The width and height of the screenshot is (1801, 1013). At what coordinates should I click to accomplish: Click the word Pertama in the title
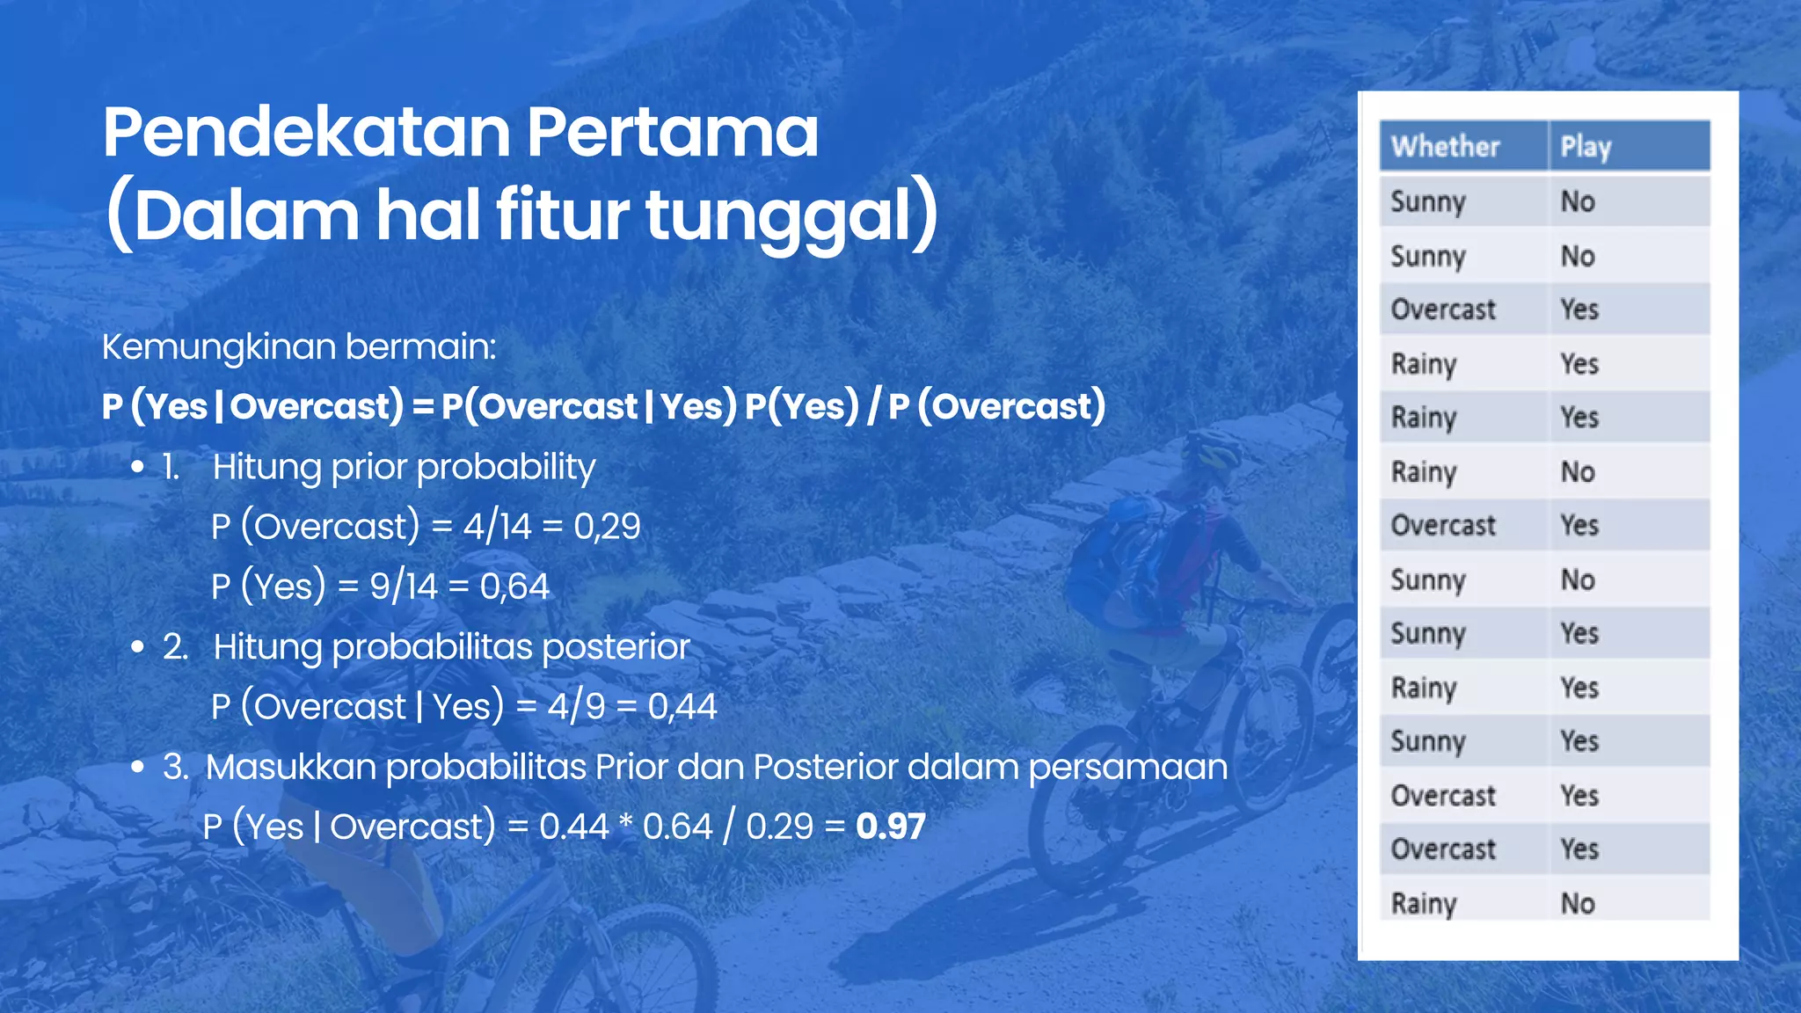tap(672, 133)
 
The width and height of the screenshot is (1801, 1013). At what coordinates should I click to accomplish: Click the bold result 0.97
tap(890, 827)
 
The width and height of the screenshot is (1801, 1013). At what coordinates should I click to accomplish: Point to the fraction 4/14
tap(497, 527)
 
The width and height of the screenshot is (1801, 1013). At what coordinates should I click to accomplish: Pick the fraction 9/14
tap(403, 587)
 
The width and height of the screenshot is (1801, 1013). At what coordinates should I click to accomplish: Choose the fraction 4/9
tap(576, 706)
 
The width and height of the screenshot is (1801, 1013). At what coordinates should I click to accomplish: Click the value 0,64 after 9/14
tap(514, 587)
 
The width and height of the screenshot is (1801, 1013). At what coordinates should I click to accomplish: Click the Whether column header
tap(1445, 146)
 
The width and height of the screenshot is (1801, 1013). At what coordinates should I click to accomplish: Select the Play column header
tap(1586, 146)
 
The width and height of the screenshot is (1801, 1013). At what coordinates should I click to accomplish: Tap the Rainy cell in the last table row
tap(1424, 903)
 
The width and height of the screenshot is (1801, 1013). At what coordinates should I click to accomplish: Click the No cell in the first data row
tap(1578, 201)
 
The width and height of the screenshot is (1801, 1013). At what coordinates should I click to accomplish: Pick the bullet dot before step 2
tap(137, 647)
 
